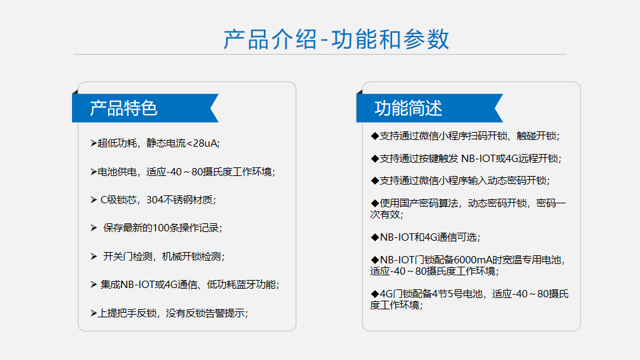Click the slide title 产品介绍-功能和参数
(x=336, y=39)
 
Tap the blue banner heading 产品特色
(x=124, y=108)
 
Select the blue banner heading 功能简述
(x=408, y=108)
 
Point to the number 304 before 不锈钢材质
(x=155, y=200)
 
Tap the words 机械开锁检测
(x=191, y=256)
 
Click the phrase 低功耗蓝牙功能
(x=241, y=285)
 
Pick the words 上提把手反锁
(x=127, y=313)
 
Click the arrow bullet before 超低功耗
(x=93, y=143)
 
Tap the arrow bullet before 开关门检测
(x=93, y=256)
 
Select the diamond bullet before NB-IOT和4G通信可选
(x=375, y=237)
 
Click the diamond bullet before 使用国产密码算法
(x=375, y=203)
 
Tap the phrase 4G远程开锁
(x=532, y=159)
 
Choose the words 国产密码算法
(x=429, y=203)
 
